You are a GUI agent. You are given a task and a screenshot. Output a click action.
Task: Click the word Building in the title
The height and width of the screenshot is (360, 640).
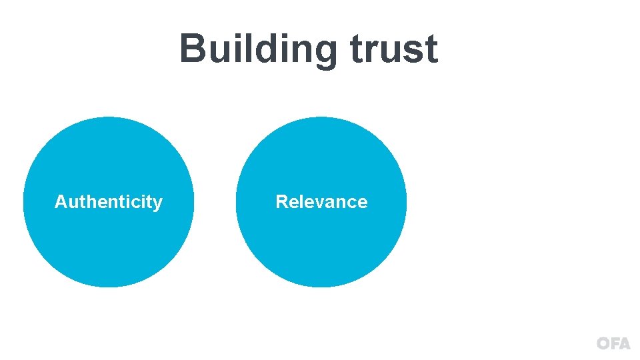[257, 50]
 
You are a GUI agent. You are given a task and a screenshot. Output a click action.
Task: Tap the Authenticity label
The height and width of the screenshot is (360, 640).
[109, 202]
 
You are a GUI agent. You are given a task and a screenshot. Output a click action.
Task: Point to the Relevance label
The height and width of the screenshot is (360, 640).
[321, 202]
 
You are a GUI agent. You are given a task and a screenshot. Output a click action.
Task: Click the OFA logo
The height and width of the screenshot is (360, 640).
[613, 344]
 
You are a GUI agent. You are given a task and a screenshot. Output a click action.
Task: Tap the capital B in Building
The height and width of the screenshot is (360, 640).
[193, 49]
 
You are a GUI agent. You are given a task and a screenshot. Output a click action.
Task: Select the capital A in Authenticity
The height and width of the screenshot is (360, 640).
[61, 202]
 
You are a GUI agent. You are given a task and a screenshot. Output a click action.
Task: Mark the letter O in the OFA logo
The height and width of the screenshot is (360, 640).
[603, 344]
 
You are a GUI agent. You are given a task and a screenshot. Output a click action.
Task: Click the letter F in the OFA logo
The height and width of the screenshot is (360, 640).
[614, 344]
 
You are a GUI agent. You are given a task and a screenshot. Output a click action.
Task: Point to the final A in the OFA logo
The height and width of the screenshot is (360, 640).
[624, 344]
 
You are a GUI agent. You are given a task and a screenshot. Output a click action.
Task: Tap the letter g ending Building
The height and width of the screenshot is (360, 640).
[322, 53]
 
